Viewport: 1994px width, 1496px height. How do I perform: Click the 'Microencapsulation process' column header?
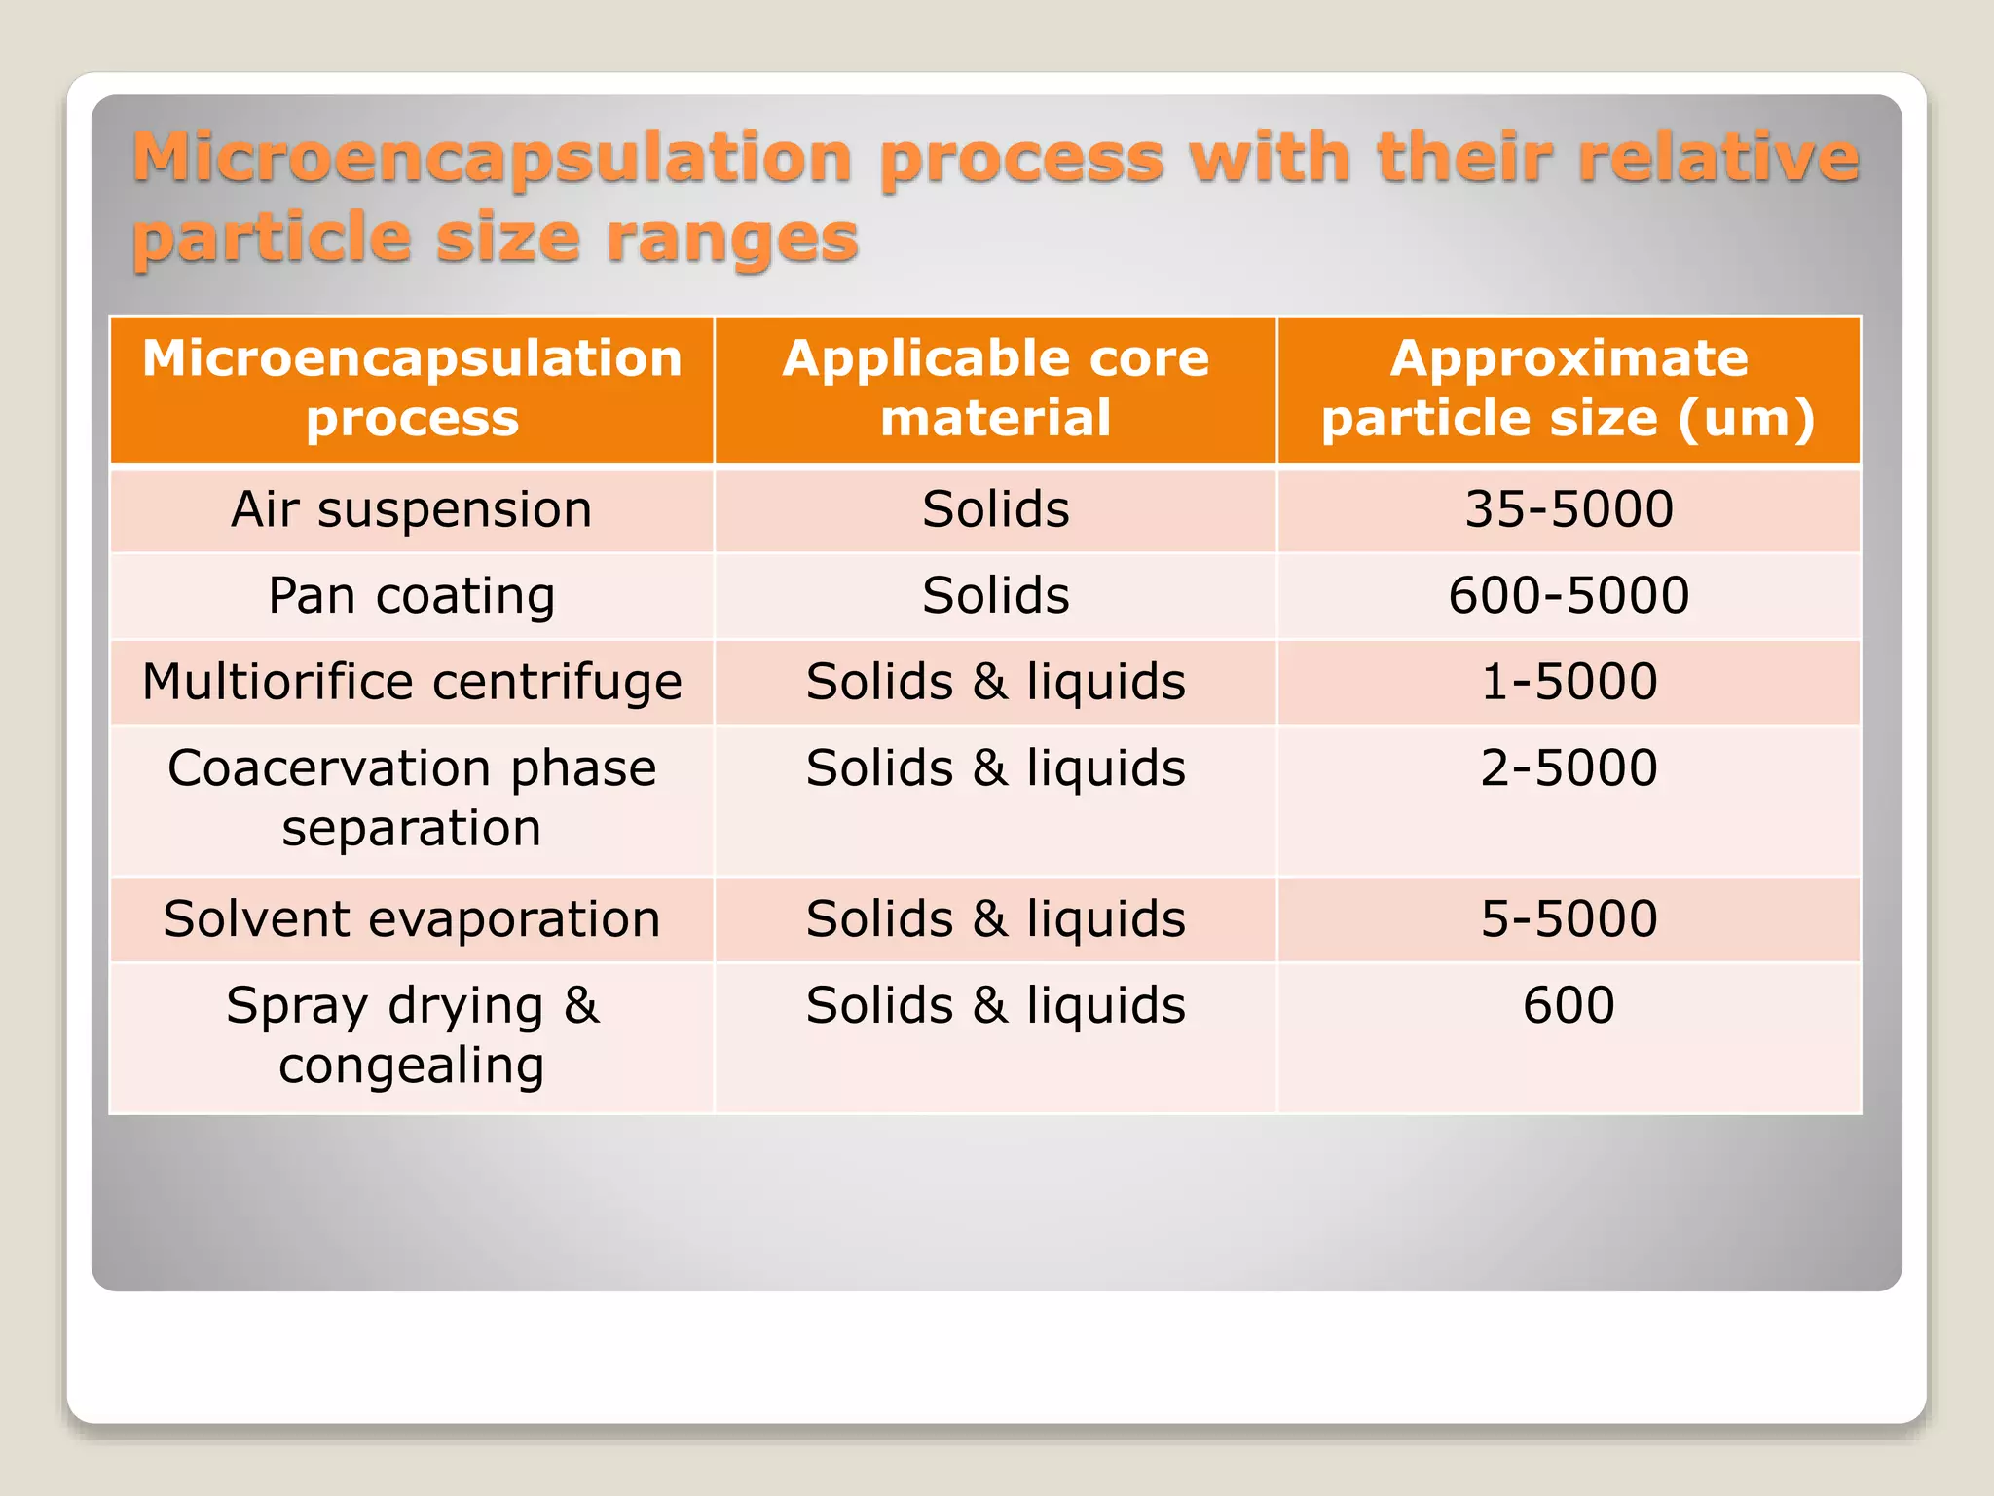412,388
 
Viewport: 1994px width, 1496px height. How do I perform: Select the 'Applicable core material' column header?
995,388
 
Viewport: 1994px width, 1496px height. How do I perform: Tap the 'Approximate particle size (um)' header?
1569,388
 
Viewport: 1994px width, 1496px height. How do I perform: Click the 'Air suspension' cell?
412,509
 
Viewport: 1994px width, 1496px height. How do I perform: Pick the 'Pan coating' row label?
412,595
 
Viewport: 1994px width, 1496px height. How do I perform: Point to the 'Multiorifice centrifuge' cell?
412,681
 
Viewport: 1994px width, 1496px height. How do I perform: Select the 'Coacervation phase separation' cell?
412,798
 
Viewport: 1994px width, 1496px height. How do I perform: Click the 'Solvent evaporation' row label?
412,918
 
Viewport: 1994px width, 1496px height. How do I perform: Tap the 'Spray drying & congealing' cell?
412,1034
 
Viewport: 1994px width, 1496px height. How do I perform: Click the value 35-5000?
1569,509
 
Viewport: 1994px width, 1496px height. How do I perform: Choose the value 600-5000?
1569,595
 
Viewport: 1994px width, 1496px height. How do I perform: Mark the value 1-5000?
1569,681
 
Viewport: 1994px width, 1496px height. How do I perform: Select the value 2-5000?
1569,767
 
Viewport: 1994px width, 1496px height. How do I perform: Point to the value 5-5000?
1569,918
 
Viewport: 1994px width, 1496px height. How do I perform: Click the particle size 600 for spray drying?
1569,1005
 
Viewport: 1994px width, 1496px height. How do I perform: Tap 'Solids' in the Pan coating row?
995,595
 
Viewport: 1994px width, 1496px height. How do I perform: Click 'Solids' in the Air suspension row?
995,509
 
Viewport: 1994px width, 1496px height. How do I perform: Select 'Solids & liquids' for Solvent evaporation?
995,918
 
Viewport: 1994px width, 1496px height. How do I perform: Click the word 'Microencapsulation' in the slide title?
493,159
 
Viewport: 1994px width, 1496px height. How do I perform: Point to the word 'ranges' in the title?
732,239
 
